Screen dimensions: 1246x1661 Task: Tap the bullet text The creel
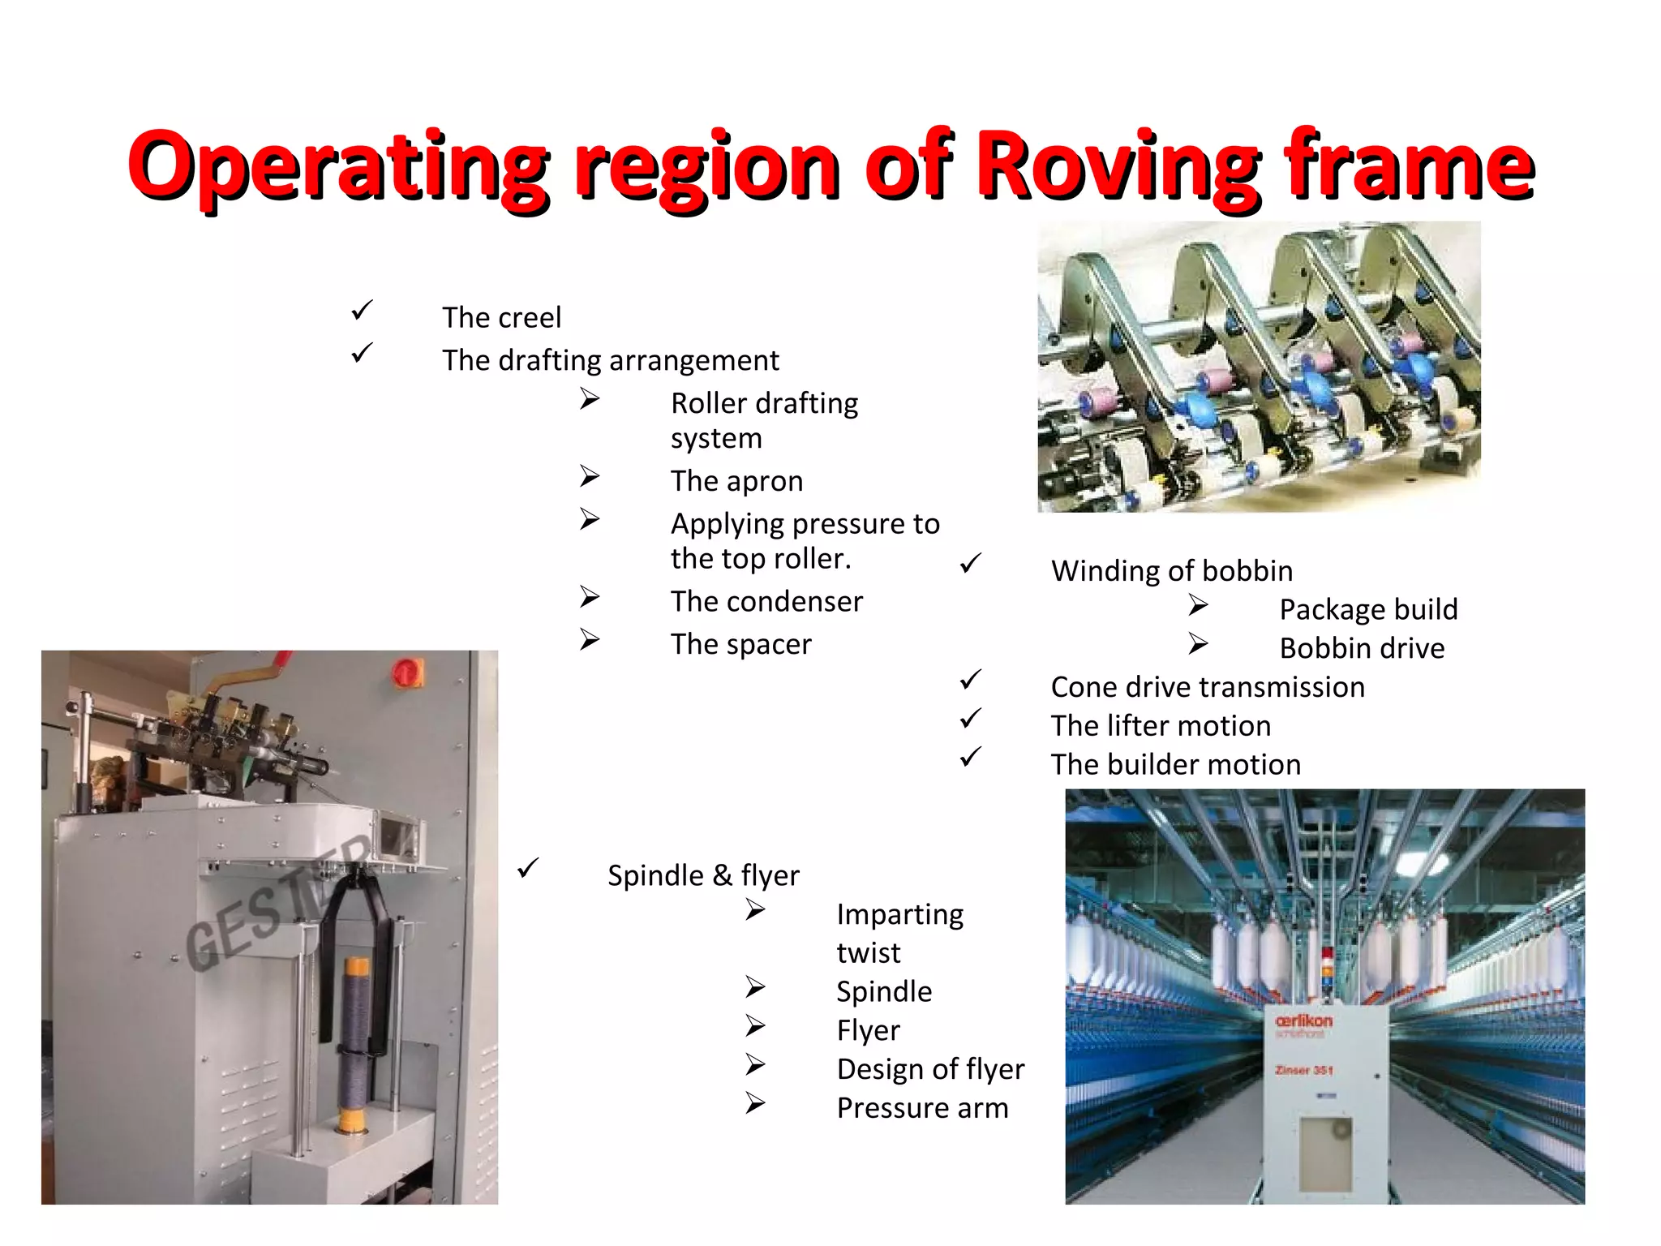point(501,317)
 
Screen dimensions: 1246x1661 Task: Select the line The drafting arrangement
point(610,360)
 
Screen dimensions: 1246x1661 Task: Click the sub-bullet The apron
point(736,481)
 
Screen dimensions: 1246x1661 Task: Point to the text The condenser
point(766,601)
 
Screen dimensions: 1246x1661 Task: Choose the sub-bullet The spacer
point(740,644)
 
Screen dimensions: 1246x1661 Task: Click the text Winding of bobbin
point(1171,571)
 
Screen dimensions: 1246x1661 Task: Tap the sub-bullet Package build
point(1368,609)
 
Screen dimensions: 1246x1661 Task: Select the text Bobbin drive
point(1362,648)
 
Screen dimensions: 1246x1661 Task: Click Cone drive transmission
point(1208,687)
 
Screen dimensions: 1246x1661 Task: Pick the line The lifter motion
point(1161,726)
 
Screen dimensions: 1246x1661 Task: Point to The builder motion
point(1175,765)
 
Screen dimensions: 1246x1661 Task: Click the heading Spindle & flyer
point(703,875)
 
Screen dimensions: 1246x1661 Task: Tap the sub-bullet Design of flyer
point(930,1069)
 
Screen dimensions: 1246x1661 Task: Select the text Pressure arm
point(922,1108)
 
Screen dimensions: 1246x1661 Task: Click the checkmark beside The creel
point(362,310)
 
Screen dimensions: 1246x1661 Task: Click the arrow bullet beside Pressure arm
point(755,1102)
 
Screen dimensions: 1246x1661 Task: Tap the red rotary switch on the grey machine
point(406,672)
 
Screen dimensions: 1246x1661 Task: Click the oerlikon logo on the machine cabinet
point(1303,1021)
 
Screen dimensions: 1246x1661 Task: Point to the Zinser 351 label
point(1303,1070)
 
